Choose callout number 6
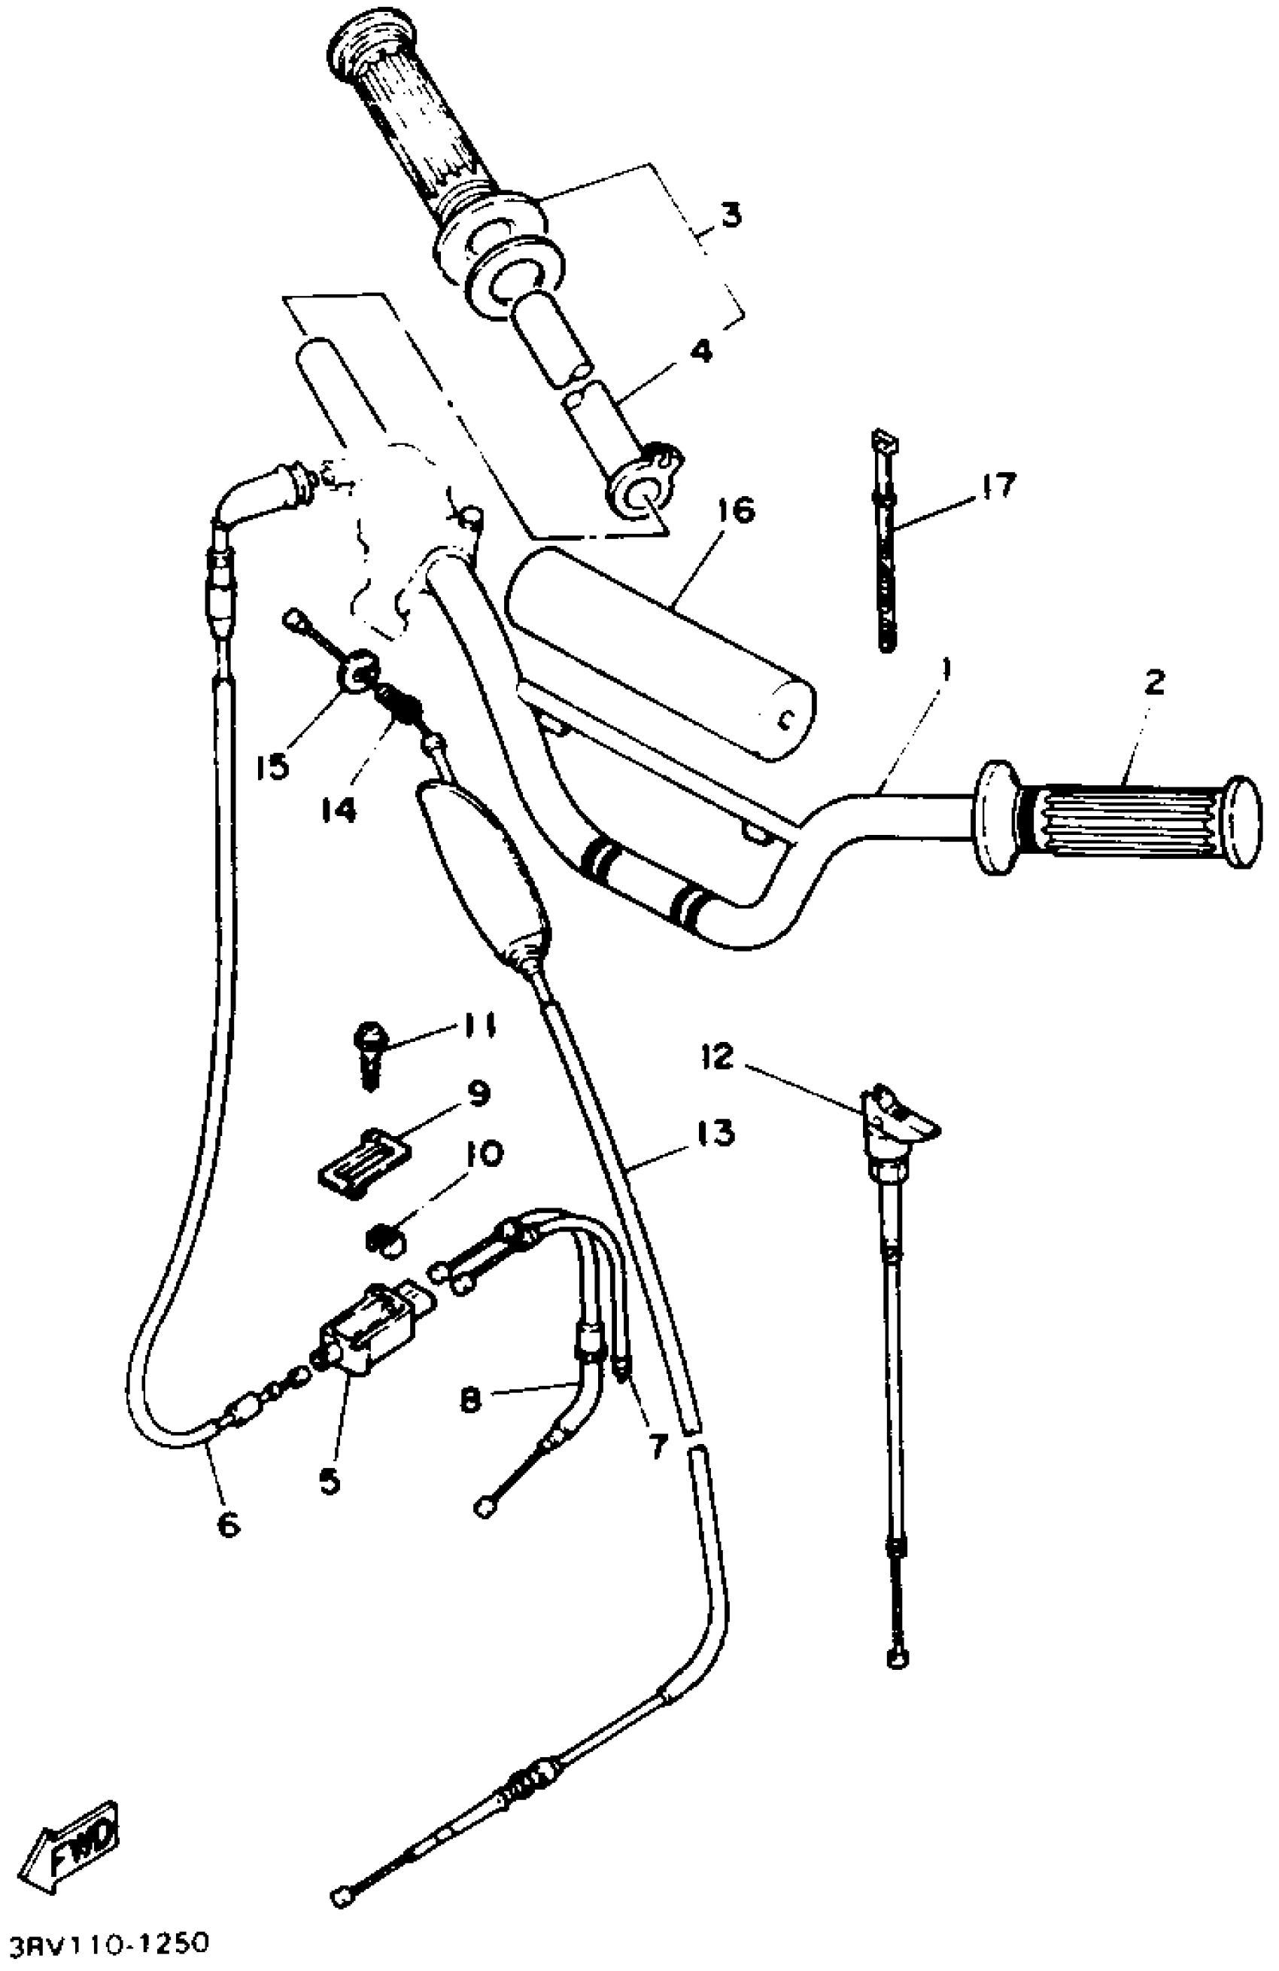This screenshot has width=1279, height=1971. click(x=228, y=1523)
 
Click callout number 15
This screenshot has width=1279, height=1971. click(x=272, y=766)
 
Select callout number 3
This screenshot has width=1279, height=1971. click(x=730, y=215)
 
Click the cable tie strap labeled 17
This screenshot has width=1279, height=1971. click(x=885, y=547)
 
